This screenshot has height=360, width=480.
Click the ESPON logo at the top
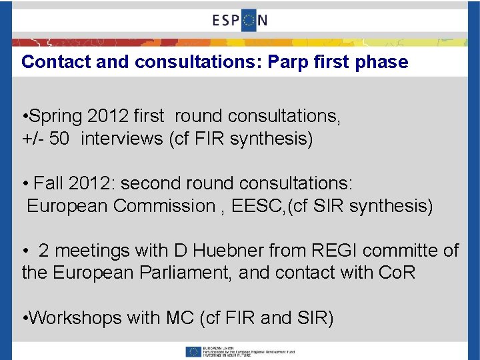point(240,20)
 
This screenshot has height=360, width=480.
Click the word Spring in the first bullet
point(57,116)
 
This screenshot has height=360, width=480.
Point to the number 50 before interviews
point(58,139)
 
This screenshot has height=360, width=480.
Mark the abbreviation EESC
point(254,206)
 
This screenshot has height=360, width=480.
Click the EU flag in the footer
point(194,351)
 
